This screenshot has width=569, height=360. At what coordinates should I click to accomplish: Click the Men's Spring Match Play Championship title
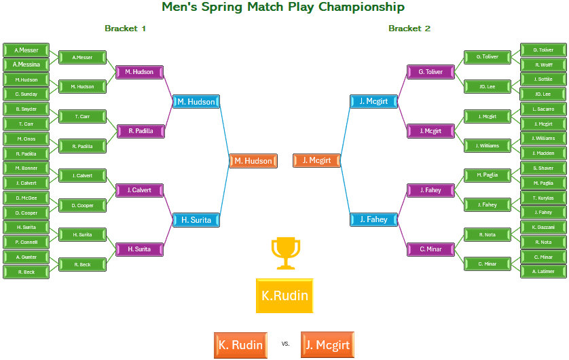tap(283, 7)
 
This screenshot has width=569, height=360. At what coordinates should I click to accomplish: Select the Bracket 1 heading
tap(125, 29)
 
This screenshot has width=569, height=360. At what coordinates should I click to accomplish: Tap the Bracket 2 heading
tap(409, 29)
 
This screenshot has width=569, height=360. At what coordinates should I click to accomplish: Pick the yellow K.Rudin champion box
tap(284, 295)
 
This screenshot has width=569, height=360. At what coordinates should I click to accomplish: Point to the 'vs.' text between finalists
tap(285, 344)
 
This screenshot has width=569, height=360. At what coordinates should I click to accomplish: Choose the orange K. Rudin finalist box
tap(240, 345)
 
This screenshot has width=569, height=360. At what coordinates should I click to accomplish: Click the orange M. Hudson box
tap(253, 161)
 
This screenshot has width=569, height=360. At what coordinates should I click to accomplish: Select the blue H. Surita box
tap(196, 220)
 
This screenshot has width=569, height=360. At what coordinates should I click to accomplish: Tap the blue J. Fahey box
tap(373, 219)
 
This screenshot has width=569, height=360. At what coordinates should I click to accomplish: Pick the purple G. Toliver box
tap(430, 72)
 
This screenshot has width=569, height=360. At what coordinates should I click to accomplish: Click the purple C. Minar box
tap(430, 249)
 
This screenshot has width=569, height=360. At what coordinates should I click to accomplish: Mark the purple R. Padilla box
tap(139, 130)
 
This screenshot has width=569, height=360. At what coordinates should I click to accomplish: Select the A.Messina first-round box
tap(26, 65)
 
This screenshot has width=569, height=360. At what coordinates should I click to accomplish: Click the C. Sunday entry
tap(26, 94)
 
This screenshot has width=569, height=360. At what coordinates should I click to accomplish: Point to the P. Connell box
tap(26, 242)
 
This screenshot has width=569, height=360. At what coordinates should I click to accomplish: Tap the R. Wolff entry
tap(543, 65)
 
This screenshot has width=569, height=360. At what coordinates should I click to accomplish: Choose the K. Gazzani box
tap(543, 227)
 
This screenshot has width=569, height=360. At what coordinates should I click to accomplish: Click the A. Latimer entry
tap(543, 272)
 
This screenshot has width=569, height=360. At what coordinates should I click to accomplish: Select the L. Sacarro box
tap(543, 109)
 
